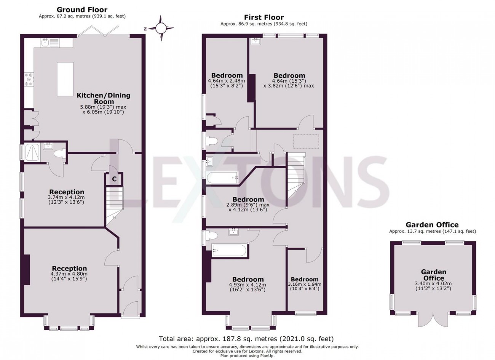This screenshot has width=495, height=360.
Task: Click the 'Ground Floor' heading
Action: pyautogui.click(x=82, y=10)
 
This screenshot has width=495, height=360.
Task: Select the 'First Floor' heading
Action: pyautogui.click(x=264, y=17)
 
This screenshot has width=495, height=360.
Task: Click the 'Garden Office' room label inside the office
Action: pyautogui.click(x=433, y=275)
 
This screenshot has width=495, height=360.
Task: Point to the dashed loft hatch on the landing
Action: pyautogui.click(x=306, y=141)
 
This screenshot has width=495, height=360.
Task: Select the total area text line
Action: pyautogui.click(x=246, y=338)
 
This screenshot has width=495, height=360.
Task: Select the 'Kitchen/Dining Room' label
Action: pyautogui.click(x=104, y=98)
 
